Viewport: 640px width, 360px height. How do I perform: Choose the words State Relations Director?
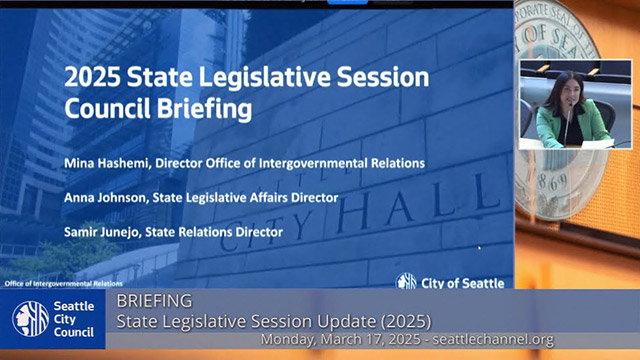[226, 232]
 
